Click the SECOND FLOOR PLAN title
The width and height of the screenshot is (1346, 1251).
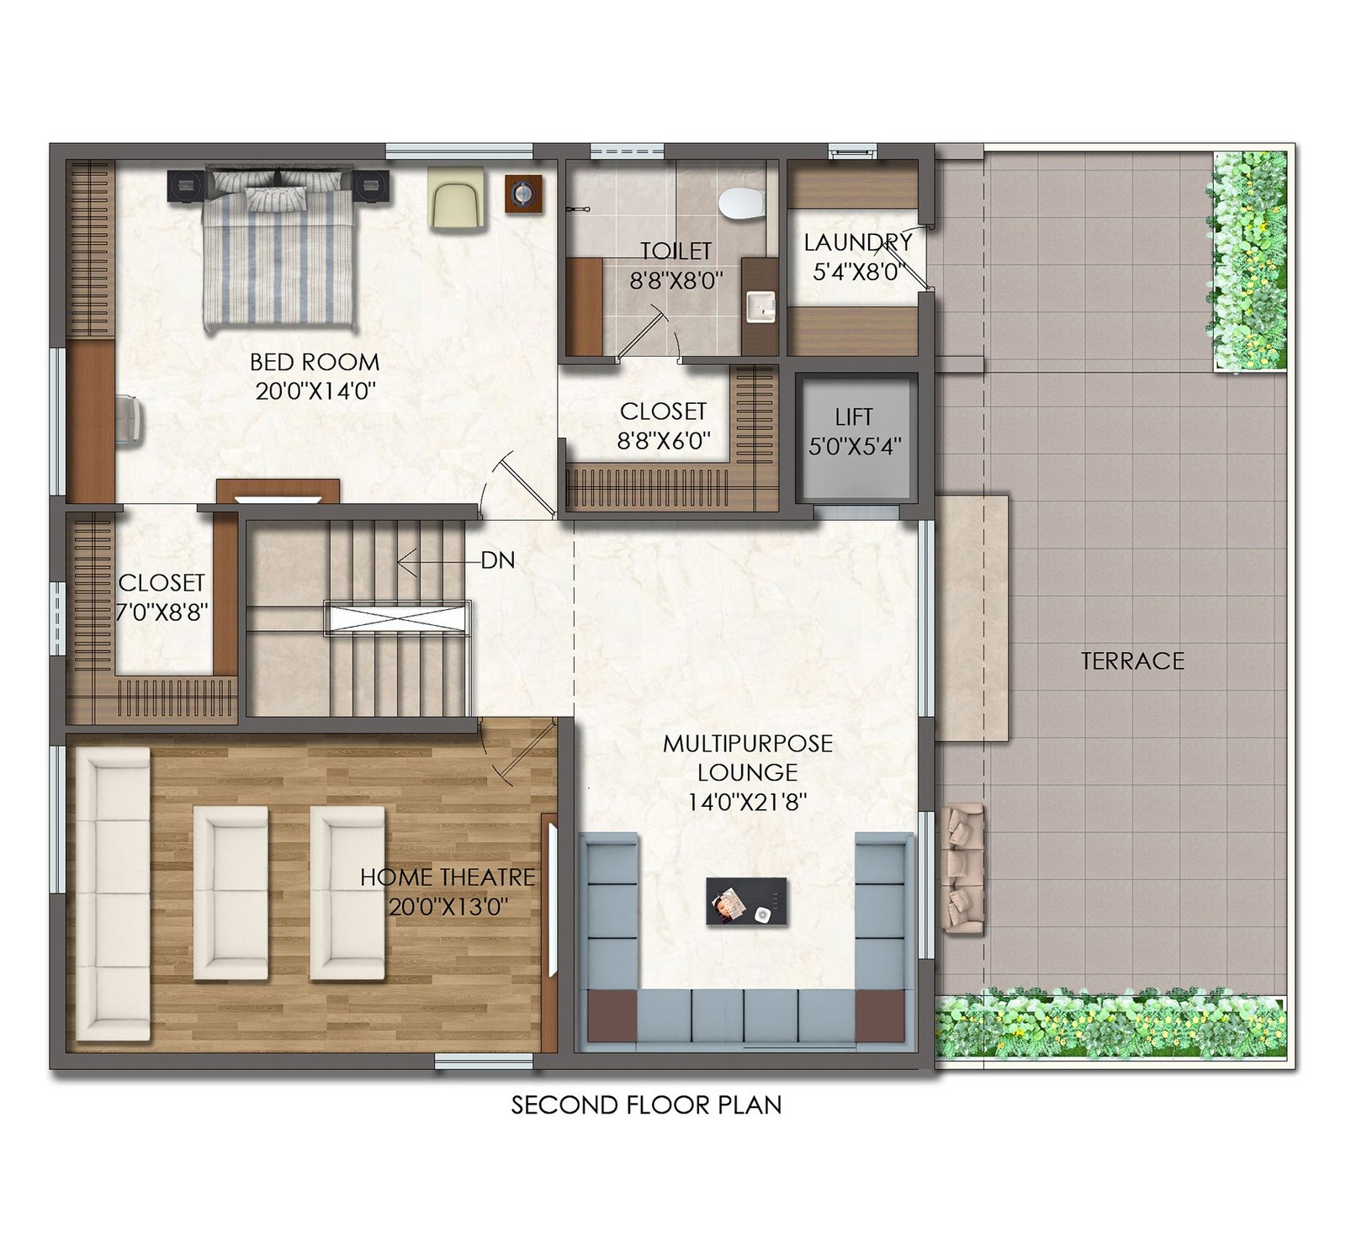tap(646, 1105)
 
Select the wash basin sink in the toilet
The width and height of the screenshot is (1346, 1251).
tap(761, 306)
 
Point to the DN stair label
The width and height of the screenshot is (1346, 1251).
tap(498, 560)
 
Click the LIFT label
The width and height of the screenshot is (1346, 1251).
tap(854, 417)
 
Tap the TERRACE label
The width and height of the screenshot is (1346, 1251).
tap(1132, 661)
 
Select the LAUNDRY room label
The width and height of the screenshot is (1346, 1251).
tap(857, 242)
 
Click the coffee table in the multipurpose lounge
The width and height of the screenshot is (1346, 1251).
tap(747, 901)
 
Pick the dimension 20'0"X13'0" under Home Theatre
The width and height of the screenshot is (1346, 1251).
tap(448, 907)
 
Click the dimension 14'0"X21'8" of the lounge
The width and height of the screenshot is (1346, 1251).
tap(747, 802)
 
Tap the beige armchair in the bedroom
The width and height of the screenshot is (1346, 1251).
tap(455, 198)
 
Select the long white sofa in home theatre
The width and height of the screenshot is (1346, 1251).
tap(113, 894)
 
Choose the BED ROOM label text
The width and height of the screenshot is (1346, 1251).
tap(315, 363)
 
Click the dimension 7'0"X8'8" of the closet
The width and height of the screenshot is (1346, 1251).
tap(162, 612)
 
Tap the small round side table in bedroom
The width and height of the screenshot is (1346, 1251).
tap(524, 194)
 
